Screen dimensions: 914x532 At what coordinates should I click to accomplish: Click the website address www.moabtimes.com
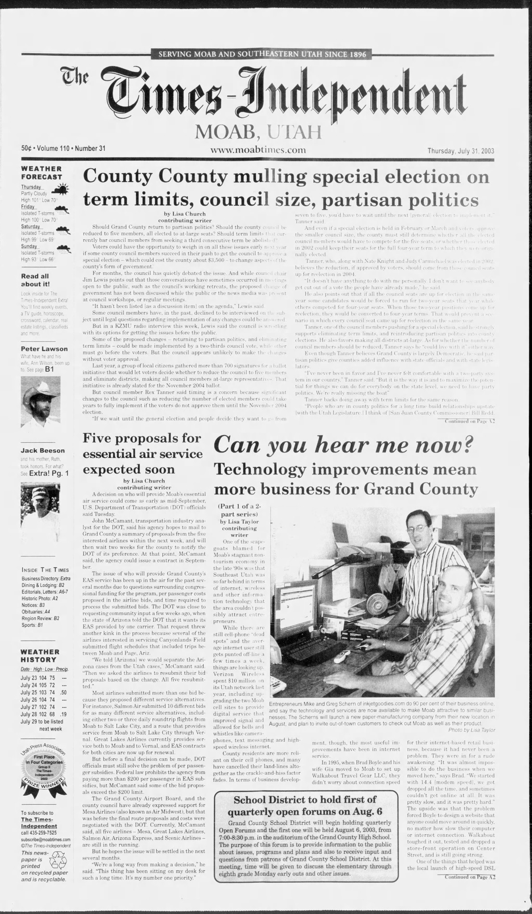(x=258, y=150)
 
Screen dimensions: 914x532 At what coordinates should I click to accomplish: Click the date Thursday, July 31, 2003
(x=461, y=151)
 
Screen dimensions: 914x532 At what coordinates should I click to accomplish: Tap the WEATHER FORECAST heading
(x=42, y=173)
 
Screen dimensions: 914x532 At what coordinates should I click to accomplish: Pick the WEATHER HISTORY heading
(x=41, y=656)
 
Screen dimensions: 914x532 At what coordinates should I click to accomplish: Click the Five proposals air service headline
(x=142, y=454)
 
